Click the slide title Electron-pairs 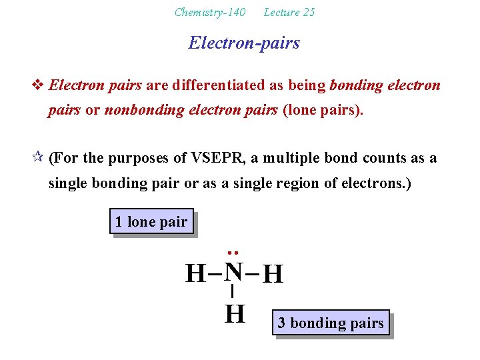point(244,43)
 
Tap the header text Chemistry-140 point(209,12)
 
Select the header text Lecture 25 point(289,12)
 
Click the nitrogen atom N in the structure point(233,271)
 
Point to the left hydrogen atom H point(195,273)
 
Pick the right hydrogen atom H point(273,274)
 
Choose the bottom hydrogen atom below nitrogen point(234,313)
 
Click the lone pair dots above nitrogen point(233,253)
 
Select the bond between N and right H point(252,273)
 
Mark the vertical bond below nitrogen point(232,291)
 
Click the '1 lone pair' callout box point(151,221)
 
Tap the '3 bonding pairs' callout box point(331,323)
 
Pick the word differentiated point(215,85)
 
